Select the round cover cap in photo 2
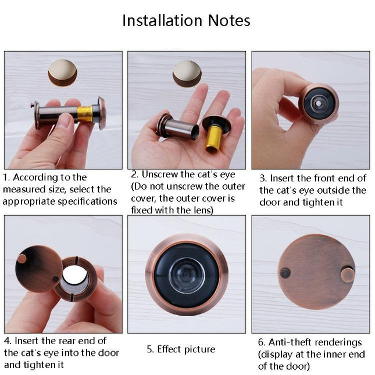[187, 74]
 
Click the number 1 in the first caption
[6, 177]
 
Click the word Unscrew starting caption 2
[157, 174]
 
